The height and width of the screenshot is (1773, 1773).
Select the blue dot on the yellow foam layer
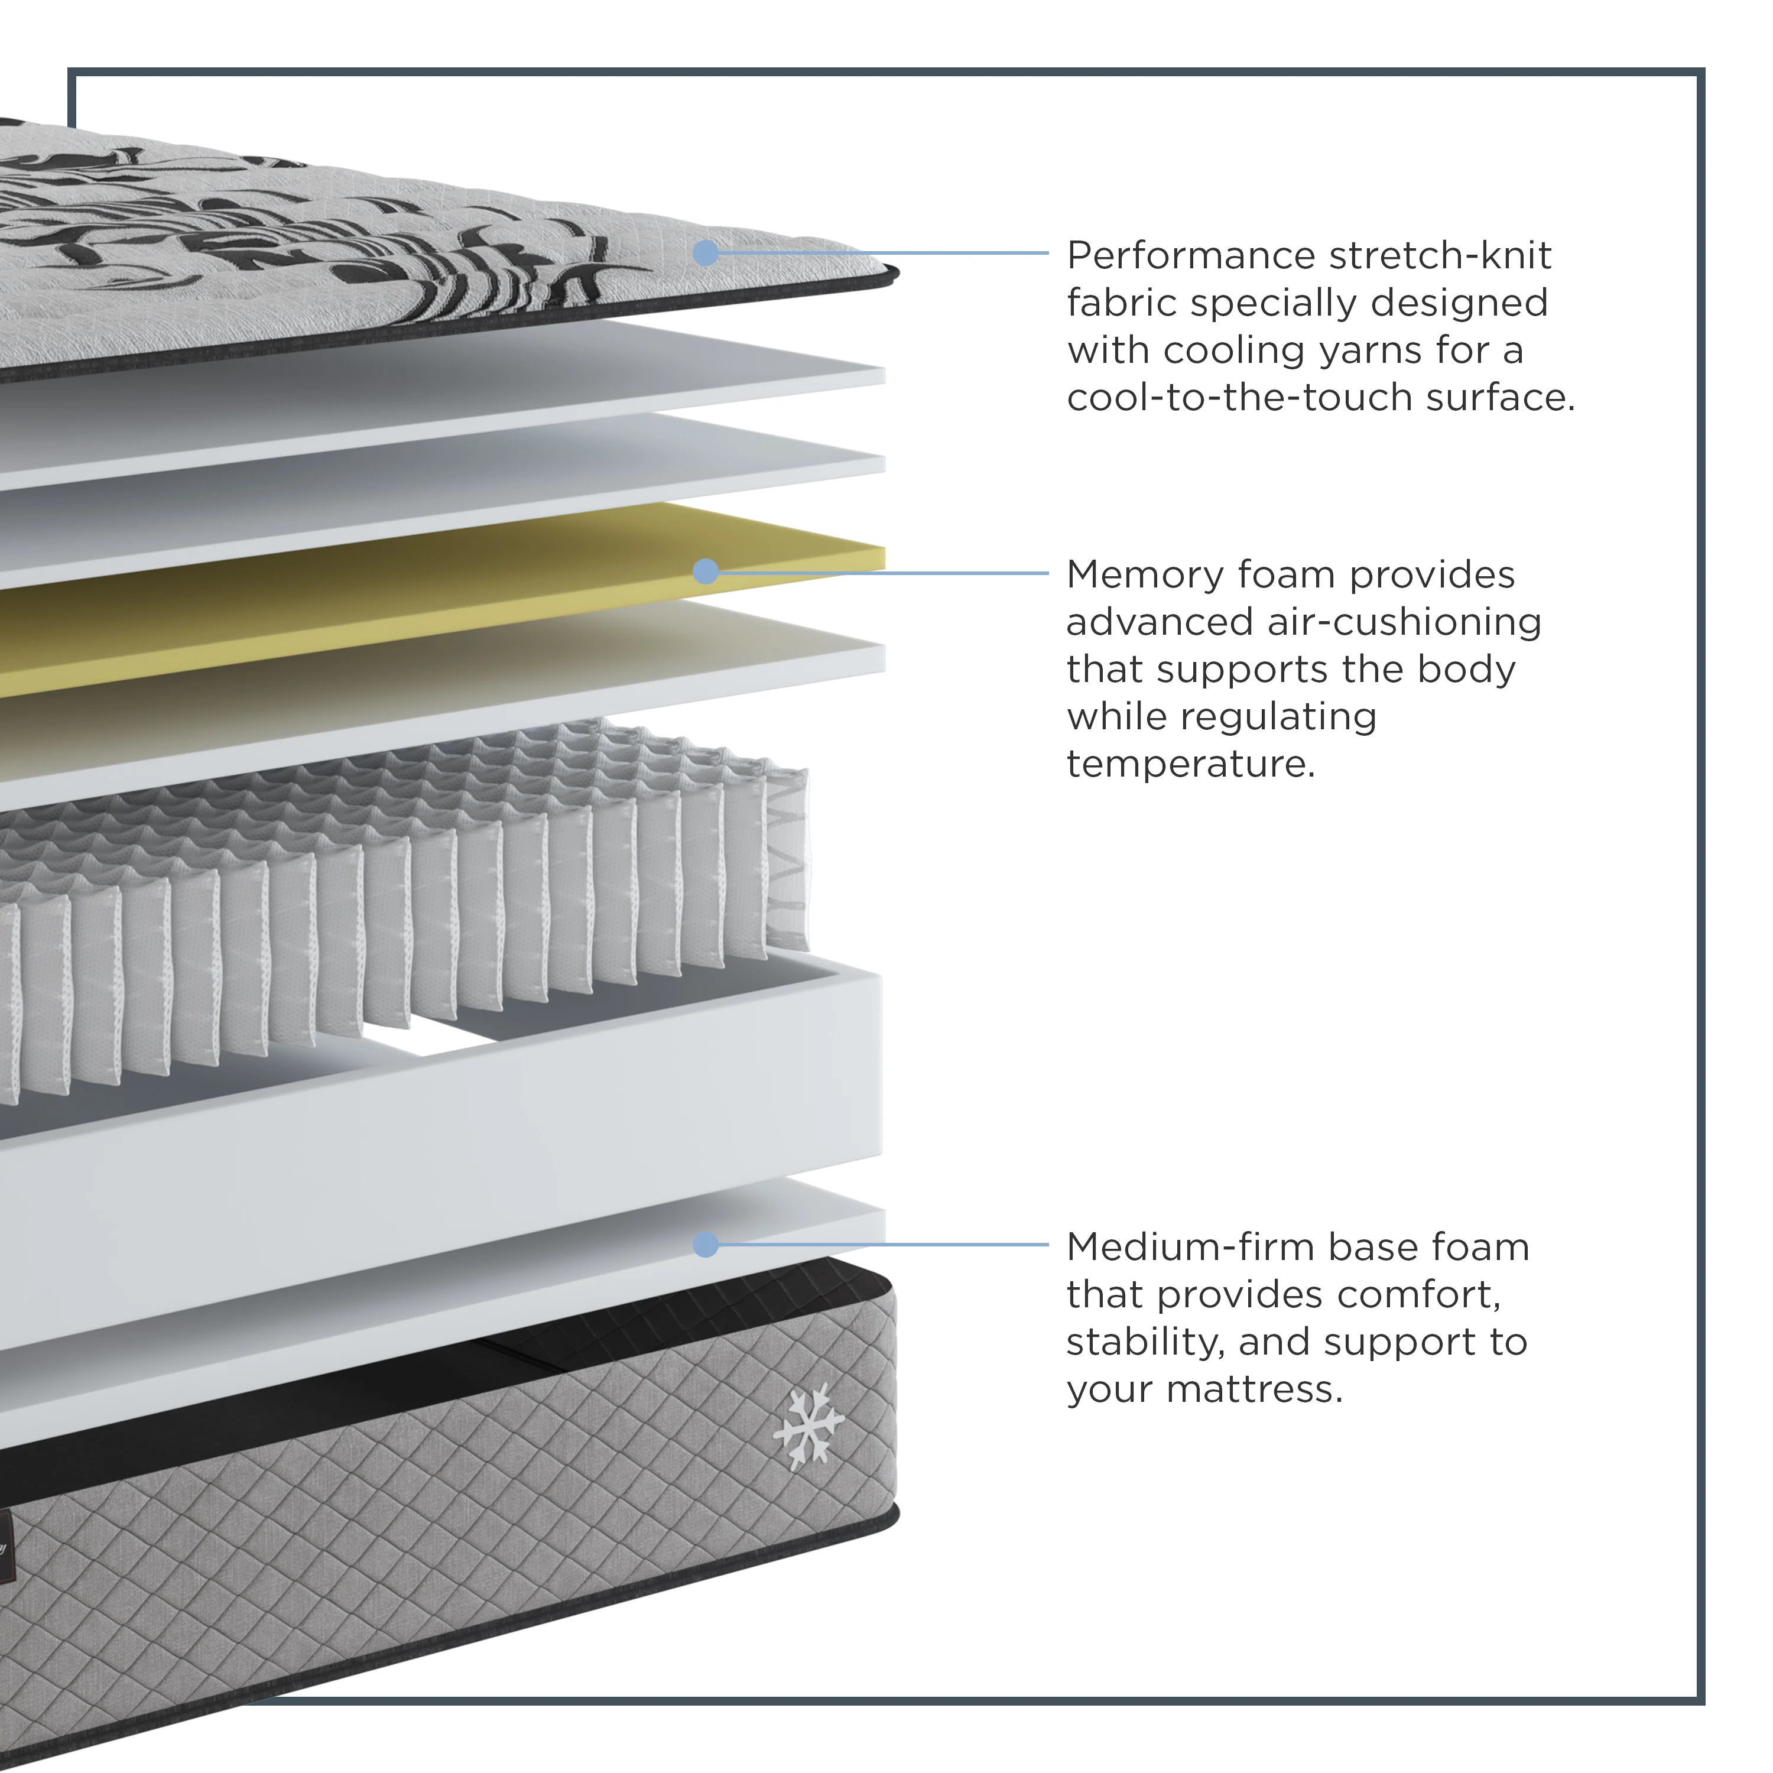coord(706,571)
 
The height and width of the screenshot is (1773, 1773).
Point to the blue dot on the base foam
coord(706,1245)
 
